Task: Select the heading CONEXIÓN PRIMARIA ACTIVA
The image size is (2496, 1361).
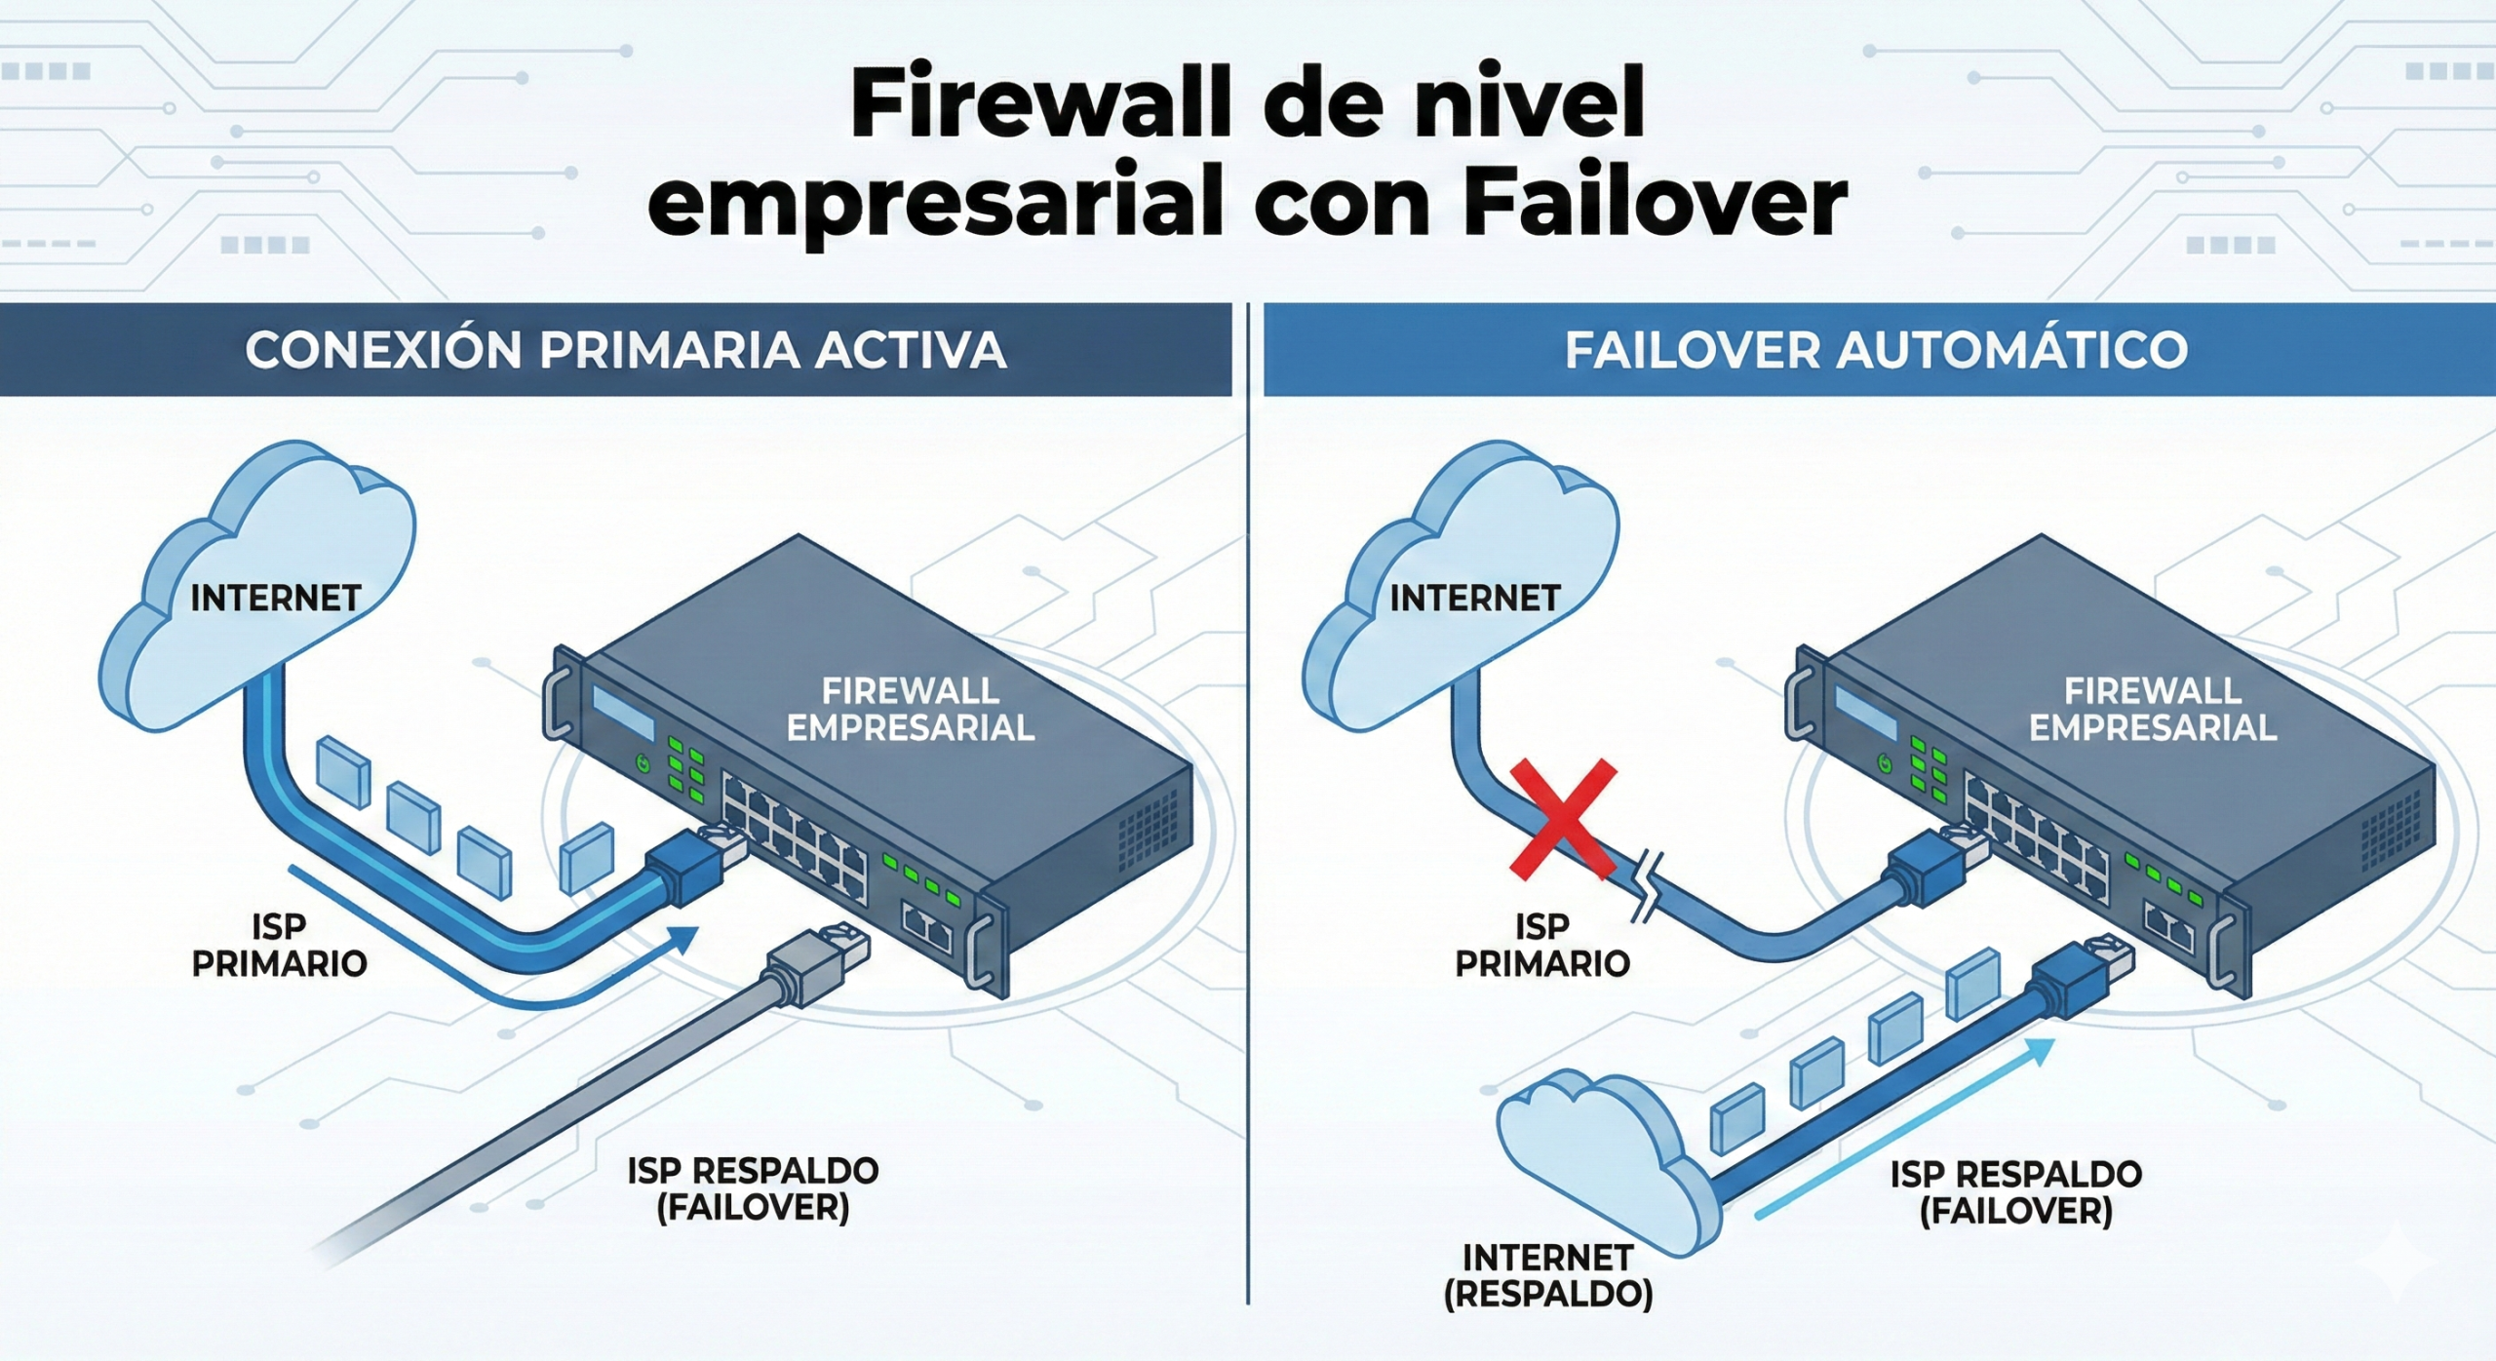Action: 625,350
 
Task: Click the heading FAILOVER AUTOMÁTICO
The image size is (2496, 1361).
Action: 1877,350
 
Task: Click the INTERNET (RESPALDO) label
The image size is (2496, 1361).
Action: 1548,1275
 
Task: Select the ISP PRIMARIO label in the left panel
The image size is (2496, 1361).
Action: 279,944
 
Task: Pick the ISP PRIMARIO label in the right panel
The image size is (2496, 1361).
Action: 1542,944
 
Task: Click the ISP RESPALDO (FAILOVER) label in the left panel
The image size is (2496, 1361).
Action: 753,1188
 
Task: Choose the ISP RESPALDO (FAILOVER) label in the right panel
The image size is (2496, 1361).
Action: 2016,1192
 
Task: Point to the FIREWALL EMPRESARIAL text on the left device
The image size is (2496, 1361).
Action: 911,709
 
